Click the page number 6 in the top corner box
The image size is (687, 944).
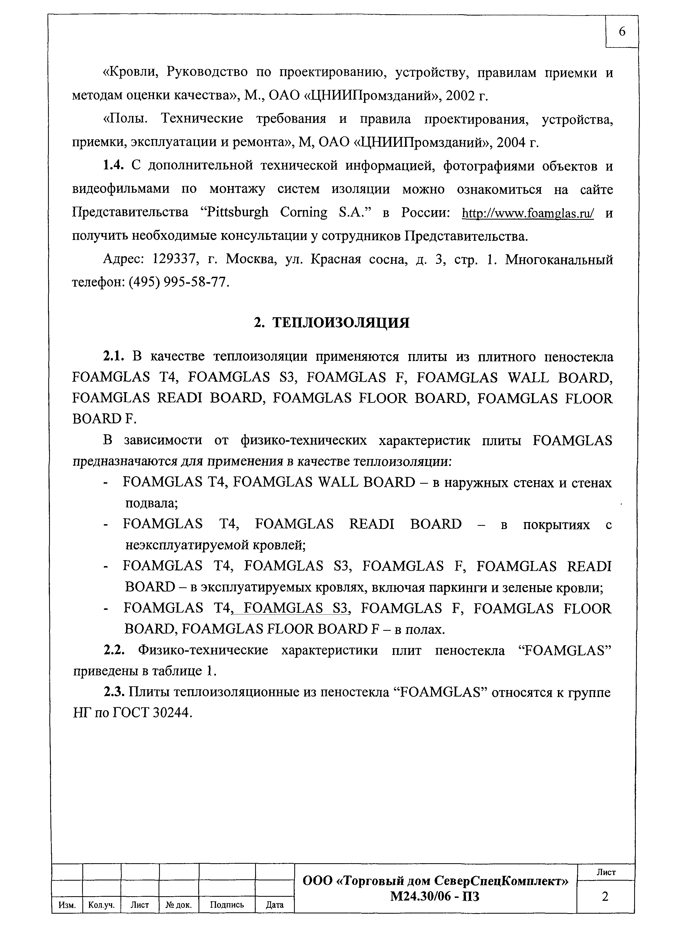pyautogui.click(x=622, y=32)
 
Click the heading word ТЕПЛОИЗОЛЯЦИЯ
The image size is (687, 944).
pyautogui.click(x=341, y=323)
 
